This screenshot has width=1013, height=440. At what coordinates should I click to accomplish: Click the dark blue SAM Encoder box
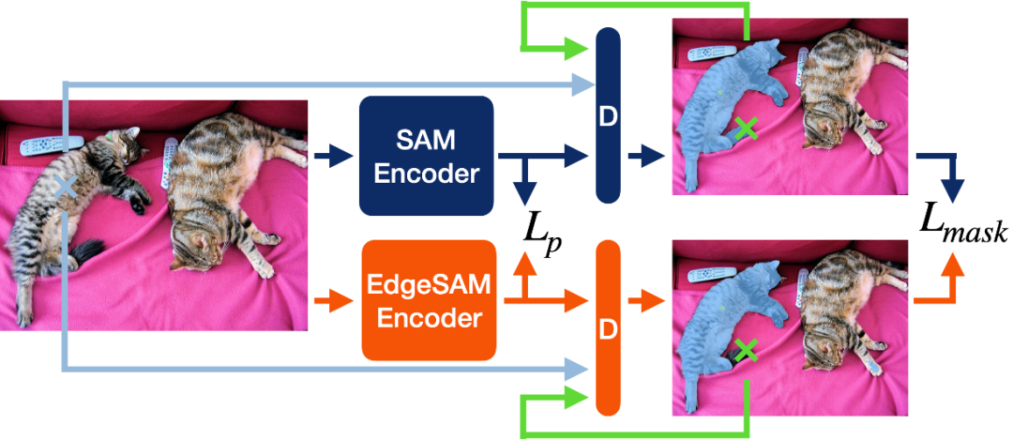[x=427, y=156]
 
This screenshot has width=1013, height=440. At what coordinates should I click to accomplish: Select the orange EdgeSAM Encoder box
[x=429, y=300]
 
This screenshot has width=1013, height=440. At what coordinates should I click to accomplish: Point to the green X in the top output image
[x=746, y=129]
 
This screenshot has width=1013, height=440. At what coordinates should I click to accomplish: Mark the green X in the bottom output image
[x=746, y=351]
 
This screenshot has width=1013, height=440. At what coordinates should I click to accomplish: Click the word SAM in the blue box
[x=427, y=141]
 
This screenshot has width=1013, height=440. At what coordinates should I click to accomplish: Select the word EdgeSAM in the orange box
[x=429, y=285]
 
